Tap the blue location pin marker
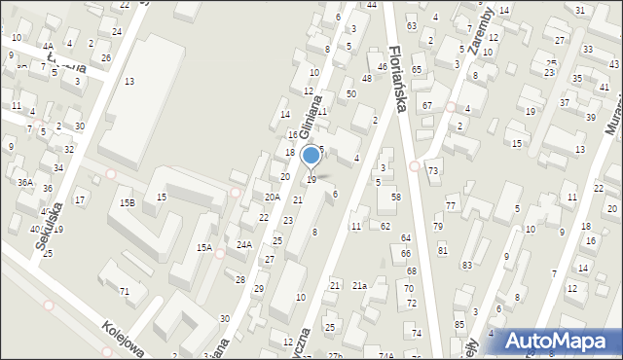click(311, 157)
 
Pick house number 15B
click(127, 202)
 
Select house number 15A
click(204, 247)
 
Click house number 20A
click(273, 196)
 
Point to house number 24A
click(244, 244)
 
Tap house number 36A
click(25, 182)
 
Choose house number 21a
click(359, 285)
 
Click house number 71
click(125, 292)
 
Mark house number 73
click(433, 171)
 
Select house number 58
click(396, 198)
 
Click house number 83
click(467, 265)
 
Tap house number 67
click(426, 104)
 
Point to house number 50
click(351, 93)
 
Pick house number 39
click(590, 117)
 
